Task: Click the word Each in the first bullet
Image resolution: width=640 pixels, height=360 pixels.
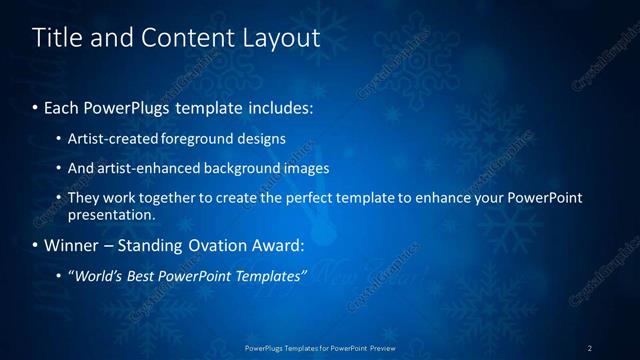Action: click(62, 105)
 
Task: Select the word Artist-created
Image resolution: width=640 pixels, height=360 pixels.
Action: click(110, 139)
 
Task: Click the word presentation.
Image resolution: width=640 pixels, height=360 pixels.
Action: click(111, 214)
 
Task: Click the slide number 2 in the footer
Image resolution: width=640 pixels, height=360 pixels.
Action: click(590, 348)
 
